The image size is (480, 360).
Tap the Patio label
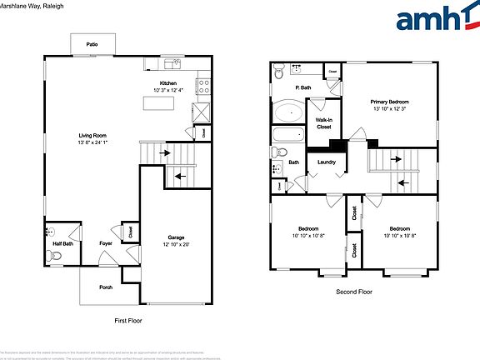(92, 43)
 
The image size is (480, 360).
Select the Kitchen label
(168, 82)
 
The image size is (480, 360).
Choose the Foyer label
(106, 243)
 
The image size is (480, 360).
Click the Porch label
(106, 287)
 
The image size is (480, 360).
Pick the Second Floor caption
(354, 292)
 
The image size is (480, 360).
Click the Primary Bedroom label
(390, 102)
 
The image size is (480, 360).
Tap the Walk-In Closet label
(323, 123)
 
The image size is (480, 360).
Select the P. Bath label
(303, 87)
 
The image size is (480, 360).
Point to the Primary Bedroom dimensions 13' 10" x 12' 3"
(390, 109)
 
